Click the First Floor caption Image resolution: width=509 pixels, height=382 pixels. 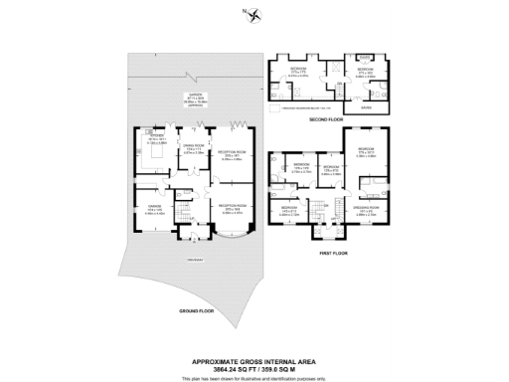(332, 255)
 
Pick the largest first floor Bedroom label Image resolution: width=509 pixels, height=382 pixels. (366, 152)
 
